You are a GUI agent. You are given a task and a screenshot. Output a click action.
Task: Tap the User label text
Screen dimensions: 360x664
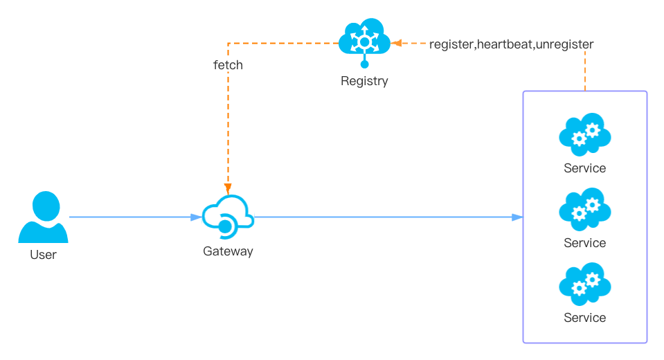click(43, 255)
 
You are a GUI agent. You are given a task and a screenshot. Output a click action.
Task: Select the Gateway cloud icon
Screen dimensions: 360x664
click(228, 215)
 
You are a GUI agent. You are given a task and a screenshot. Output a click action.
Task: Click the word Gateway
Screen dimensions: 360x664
click(228, 251)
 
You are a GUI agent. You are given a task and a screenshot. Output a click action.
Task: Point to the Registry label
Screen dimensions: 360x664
click(364, 81)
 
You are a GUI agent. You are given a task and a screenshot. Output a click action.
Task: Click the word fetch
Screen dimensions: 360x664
click(228, 65)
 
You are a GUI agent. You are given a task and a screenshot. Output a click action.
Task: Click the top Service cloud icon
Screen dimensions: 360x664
click(584, 134)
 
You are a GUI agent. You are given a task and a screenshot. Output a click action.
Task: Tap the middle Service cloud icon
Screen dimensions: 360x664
click(584, 209)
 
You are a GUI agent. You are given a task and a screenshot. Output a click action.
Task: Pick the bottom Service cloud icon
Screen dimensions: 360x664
click(584, 284)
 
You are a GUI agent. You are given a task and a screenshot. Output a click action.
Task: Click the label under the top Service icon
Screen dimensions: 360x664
click(584, 168)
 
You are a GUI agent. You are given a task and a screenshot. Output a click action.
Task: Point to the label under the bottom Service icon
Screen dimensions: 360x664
click(584, 318)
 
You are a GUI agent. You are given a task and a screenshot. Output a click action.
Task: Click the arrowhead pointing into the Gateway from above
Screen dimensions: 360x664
click(228, 188)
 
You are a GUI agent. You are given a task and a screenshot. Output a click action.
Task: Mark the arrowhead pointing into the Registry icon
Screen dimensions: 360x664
click(395, 44)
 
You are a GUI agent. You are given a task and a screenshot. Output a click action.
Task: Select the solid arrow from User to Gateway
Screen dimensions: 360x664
click(132, 217)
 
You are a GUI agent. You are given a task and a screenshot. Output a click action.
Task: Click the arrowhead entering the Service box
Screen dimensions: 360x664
click(517, 217)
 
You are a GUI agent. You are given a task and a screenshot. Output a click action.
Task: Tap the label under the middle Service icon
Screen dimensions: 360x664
click(584, 243)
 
